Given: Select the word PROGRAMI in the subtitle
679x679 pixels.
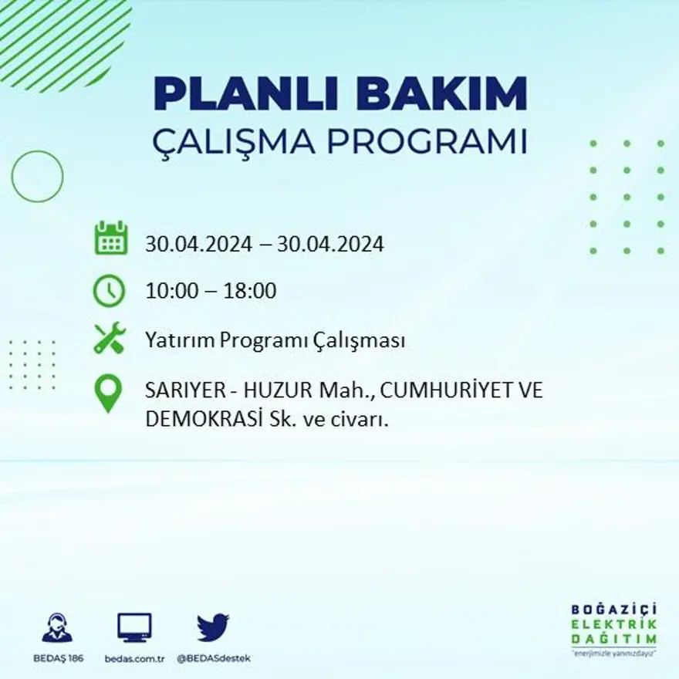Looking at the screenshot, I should click(427, 143).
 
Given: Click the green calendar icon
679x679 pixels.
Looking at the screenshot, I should click(110, 238).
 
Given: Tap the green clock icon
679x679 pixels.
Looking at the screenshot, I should click(109, 291).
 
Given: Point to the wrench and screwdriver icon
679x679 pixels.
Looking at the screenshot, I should click(109, 339).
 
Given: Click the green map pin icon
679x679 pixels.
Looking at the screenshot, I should click(108, 393).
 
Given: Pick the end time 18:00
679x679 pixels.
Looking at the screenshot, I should click(250, 292).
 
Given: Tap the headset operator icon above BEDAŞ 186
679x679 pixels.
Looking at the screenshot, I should click(57, 628).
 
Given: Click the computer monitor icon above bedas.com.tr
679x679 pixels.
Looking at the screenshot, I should click(134, 628).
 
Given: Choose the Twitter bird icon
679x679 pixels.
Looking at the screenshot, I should click(213, 627).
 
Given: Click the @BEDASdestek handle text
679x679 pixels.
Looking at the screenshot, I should click(214, 658).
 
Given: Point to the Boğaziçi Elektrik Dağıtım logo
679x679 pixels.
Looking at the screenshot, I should click(613, 629).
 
